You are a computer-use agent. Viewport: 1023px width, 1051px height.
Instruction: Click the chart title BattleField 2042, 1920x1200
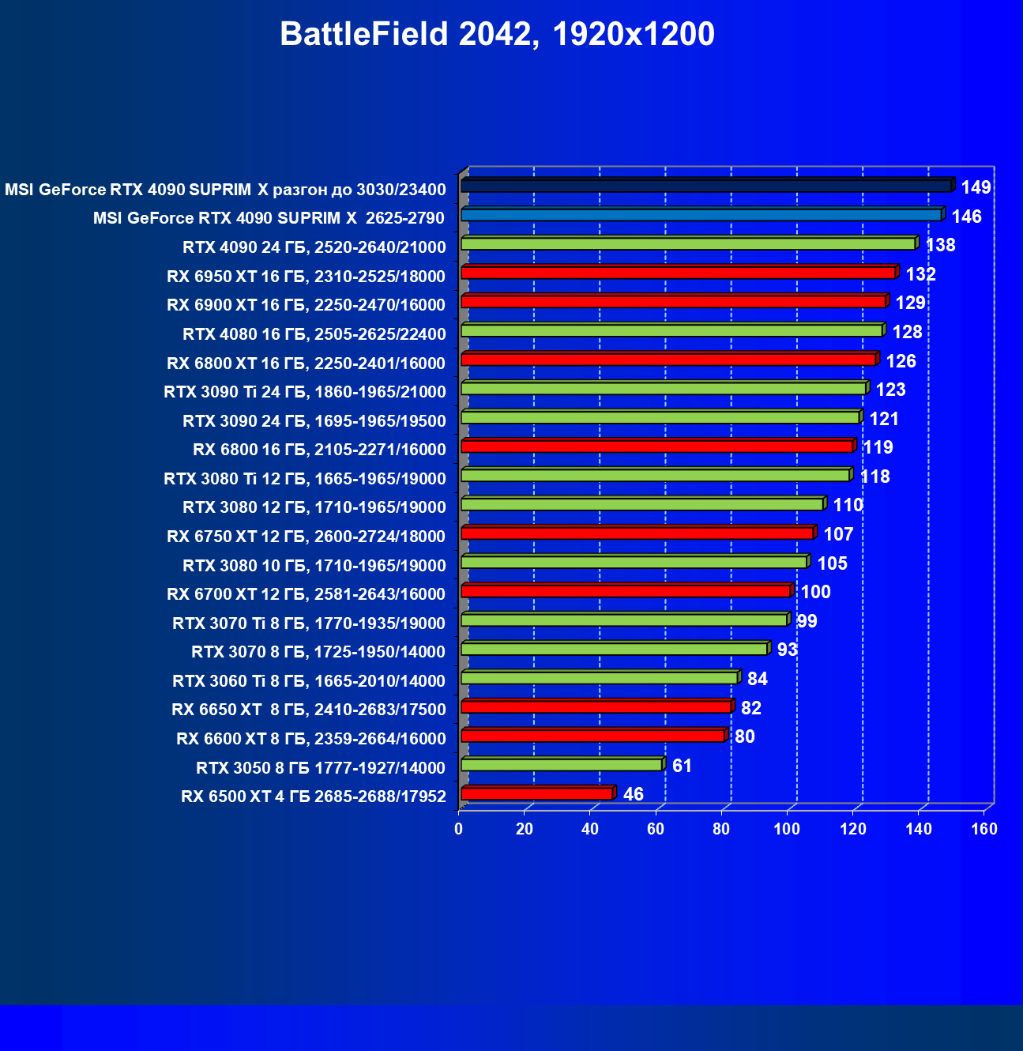coord(497,35)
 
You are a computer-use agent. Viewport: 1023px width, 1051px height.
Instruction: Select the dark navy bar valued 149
coord(707,186)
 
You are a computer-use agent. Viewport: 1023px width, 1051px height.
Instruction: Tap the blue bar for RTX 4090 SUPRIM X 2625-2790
coord(701,215)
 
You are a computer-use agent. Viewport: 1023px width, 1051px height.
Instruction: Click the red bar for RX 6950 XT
coord(679,273)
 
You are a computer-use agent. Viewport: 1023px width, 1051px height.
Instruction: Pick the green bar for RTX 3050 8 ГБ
coord(562,765)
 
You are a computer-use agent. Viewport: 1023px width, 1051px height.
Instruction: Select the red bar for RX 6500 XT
coord(537,793)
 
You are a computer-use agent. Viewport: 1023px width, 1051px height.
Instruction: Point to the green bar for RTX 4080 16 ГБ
coord(672,330)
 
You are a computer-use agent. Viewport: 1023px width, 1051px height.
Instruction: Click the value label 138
coord(940,245)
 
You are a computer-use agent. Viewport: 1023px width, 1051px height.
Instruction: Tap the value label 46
coord(633,794)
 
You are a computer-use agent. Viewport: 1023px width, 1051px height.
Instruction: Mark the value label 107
coord(838,534)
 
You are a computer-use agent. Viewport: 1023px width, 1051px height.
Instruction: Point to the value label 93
coord(787,650)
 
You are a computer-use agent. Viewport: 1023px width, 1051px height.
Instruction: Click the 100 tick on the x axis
coord(787,829)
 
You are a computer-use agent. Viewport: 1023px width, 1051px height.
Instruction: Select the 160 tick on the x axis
coord(984,829)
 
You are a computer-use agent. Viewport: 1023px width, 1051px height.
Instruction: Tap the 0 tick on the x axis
coord(459,829)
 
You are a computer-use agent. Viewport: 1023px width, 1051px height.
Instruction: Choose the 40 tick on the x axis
coord(590,829)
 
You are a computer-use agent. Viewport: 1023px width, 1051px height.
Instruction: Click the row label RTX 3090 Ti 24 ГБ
coord(305,392)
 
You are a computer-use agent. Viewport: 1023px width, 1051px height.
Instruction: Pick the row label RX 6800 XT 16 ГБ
coord(307,364)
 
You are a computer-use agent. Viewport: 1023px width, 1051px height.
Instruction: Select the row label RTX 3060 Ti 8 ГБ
coord(309,681)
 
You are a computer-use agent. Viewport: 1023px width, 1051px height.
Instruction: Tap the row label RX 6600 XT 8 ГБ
coord(311,739)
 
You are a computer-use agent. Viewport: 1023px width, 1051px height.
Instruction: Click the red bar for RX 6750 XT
coord(637,533)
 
